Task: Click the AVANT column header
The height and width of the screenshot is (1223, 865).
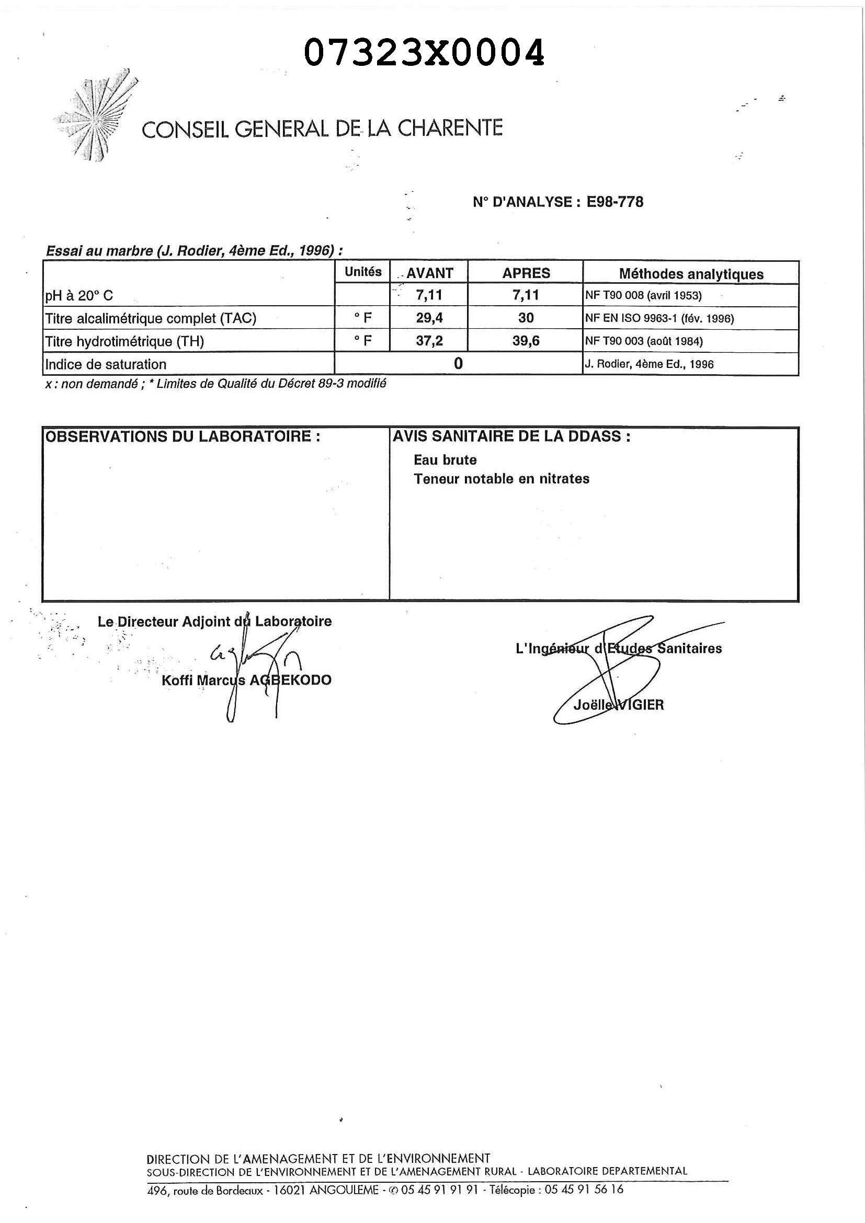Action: click(429, 273)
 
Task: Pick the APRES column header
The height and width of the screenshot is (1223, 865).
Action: click(526, 273)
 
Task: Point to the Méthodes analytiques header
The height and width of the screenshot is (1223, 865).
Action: click(691, 274)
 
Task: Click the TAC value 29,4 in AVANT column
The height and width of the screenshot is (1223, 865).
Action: click(429, 318)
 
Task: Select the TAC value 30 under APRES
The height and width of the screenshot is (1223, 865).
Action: click(526, 318)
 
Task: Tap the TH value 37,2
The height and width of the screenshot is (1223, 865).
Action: click(429, 341)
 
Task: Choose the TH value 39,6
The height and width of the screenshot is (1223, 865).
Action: click(526, 341)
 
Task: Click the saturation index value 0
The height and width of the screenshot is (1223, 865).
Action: click(458, 364)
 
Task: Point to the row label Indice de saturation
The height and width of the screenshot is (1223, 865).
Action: click(106, 364)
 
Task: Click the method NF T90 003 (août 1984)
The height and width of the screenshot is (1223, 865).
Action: click(644, 341)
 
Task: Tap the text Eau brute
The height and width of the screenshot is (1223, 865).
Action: click(445, 460)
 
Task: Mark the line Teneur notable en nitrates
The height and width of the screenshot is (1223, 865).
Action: click(501, 479)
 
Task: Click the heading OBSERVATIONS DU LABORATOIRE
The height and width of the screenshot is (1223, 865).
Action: click(183, 437)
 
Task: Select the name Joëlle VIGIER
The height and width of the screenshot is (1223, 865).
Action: click(618, 705)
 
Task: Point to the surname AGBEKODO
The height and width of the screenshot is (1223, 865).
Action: click(290, 680)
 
